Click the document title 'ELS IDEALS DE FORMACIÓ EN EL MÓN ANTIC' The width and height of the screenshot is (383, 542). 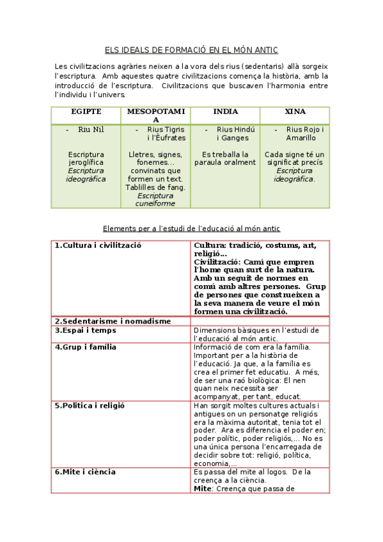click(191, 50)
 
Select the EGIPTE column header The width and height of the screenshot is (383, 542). click(86, 111)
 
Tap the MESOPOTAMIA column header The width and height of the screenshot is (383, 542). click(156, 115)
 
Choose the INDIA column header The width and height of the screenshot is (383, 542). click(226, 111)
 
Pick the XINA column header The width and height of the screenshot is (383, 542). click(295, 111)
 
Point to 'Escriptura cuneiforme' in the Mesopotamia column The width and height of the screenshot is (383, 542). click(155, 199)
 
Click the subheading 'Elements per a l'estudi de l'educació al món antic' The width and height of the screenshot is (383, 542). click(191, 228)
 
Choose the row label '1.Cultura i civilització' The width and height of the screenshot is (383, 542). click(98, 245)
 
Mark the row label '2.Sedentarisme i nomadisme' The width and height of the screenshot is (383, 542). click(104, 321)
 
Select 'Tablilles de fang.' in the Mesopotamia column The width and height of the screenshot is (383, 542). click(155, 187)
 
